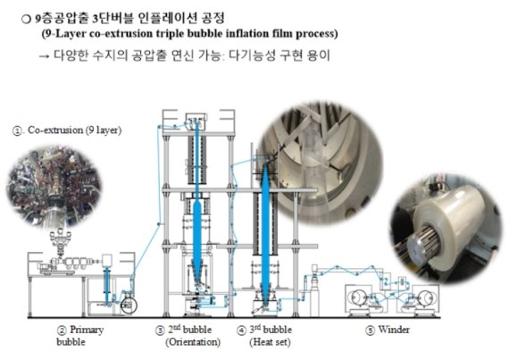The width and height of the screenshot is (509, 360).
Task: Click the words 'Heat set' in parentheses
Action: click(272, 341)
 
